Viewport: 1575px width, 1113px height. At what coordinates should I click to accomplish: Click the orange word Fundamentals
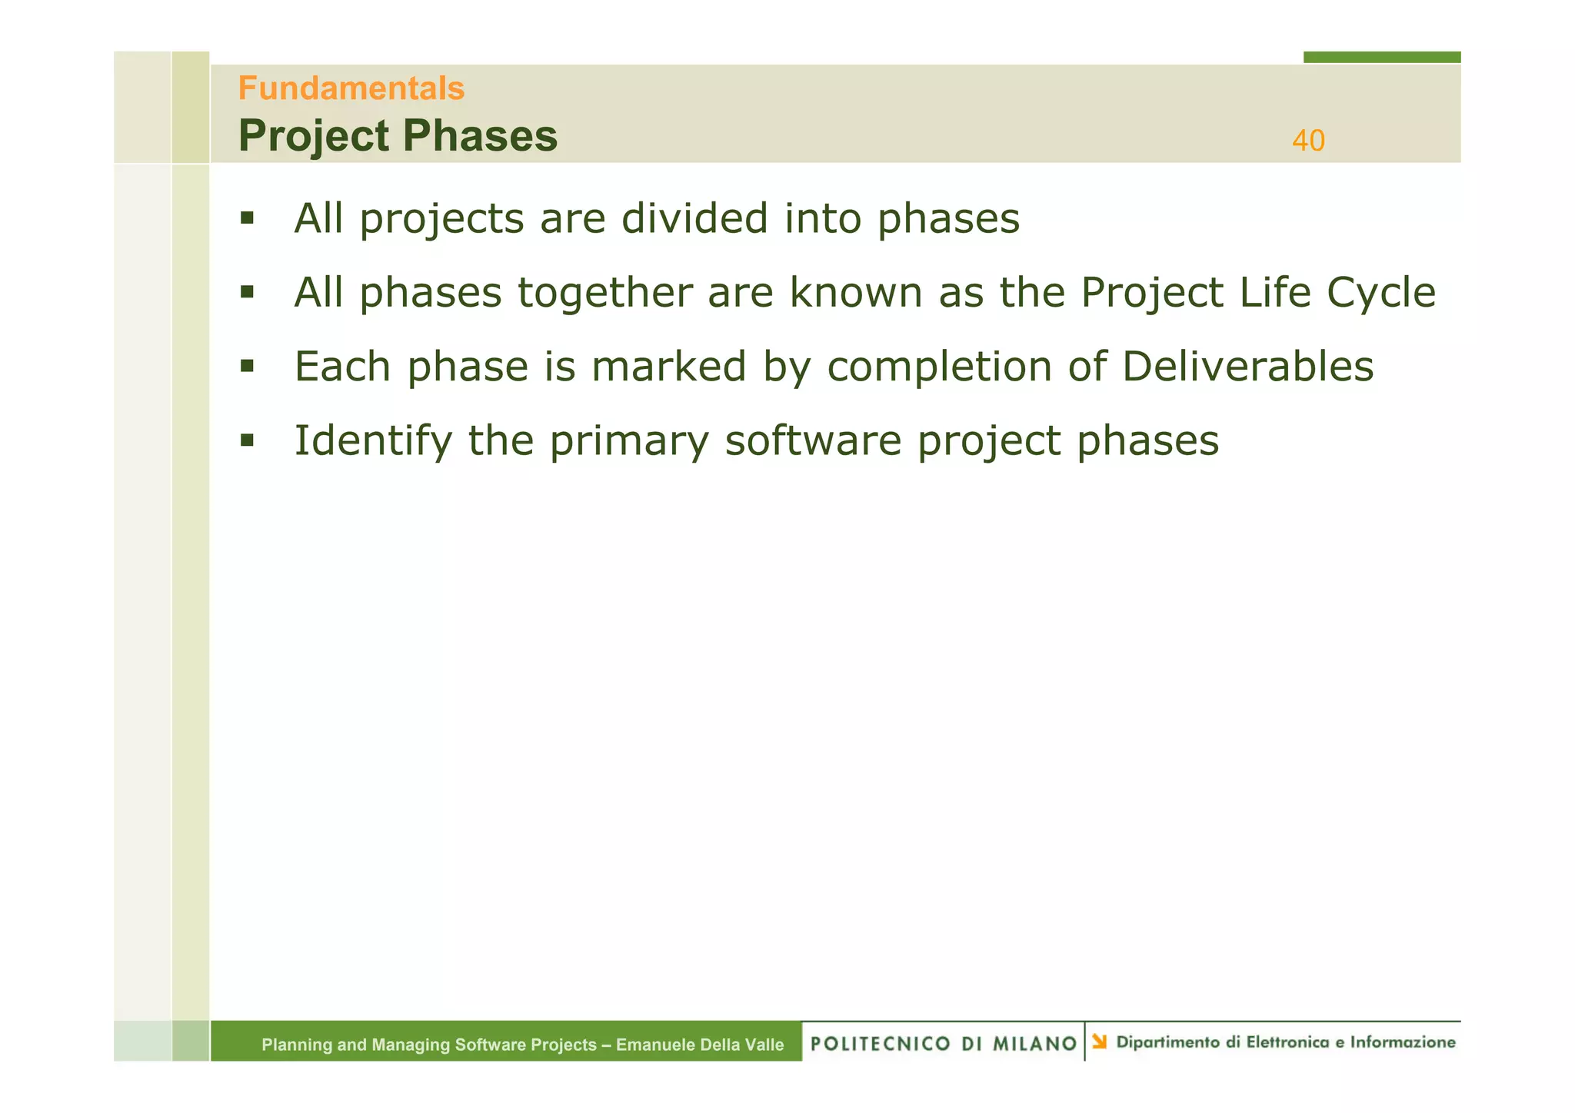(351, 88)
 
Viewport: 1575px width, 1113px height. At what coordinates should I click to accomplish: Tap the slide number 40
(1307, 141)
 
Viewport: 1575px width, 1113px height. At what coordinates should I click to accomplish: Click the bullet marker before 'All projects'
(246, 218)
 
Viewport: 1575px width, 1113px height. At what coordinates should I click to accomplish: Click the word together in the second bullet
(605, 293)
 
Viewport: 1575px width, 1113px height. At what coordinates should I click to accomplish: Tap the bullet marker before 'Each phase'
(246, 366)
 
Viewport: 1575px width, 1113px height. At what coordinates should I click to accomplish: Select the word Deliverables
(1247, 367)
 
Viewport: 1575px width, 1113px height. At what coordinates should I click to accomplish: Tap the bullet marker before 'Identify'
(246, 440)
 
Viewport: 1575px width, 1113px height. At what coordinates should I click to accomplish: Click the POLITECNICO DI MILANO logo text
(944, 1043)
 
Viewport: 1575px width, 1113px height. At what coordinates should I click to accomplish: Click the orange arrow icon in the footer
(1100, 1042)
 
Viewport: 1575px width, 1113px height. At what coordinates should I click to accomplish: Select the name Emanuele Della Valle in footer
(700, 1045)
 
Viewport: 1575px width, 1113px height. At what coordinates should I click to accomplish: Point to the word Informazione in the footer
(1403, 1042)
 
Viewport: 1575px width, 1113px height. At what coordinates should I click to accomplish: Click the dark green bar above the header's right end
(1381, 57)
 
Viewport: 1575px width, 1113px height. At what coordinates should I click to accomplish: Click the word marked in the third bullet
(668, 367)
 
